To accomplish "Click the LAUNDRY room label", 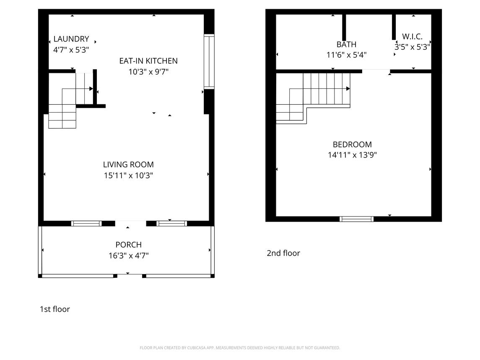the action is click(x=71, y=39).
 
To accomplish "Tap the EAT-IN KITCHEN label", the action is click(x=148, y=61).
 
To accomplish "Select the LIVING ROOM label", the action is click(x=128, y=165).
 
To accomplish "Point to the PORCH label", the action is click(x=129, y=245).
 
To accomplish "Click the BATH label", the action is click(x=347, y=44).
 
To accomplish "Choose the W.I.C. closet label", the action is click(x=413, y=36).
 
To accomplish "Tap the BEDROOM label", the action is click(x=352, y=145).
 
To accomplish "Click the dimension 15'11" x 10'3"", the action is click(x=128, y=176).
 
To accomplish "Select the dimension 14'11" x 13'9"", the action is click(x=352, y=155).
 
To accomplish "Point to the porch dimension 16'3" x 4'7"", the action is click(x=129, y=255).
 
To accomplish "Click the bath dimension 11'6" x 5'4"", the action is click(x=347, y=55).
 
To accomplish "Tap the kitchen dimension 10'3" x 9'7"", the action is click(x=148, y=72).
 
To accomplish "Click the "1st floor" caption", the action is click(x=55, y=309).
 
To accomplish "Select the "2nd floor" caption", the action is click(x=283, y=253).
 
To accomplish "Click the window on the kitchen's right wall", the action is click(x=209, y=61).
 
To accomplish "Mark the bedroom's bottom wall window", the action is click(x=357, y=219).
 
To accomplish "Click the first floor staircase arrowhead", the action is click(x=91, y=89).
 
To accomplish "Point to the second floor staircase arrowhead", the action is click(x=348, y=89).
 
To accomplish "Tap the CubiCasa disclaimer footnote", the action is click(x=240, y=348).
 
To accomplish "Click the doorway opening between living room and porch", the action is click(x=131, y=223).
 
